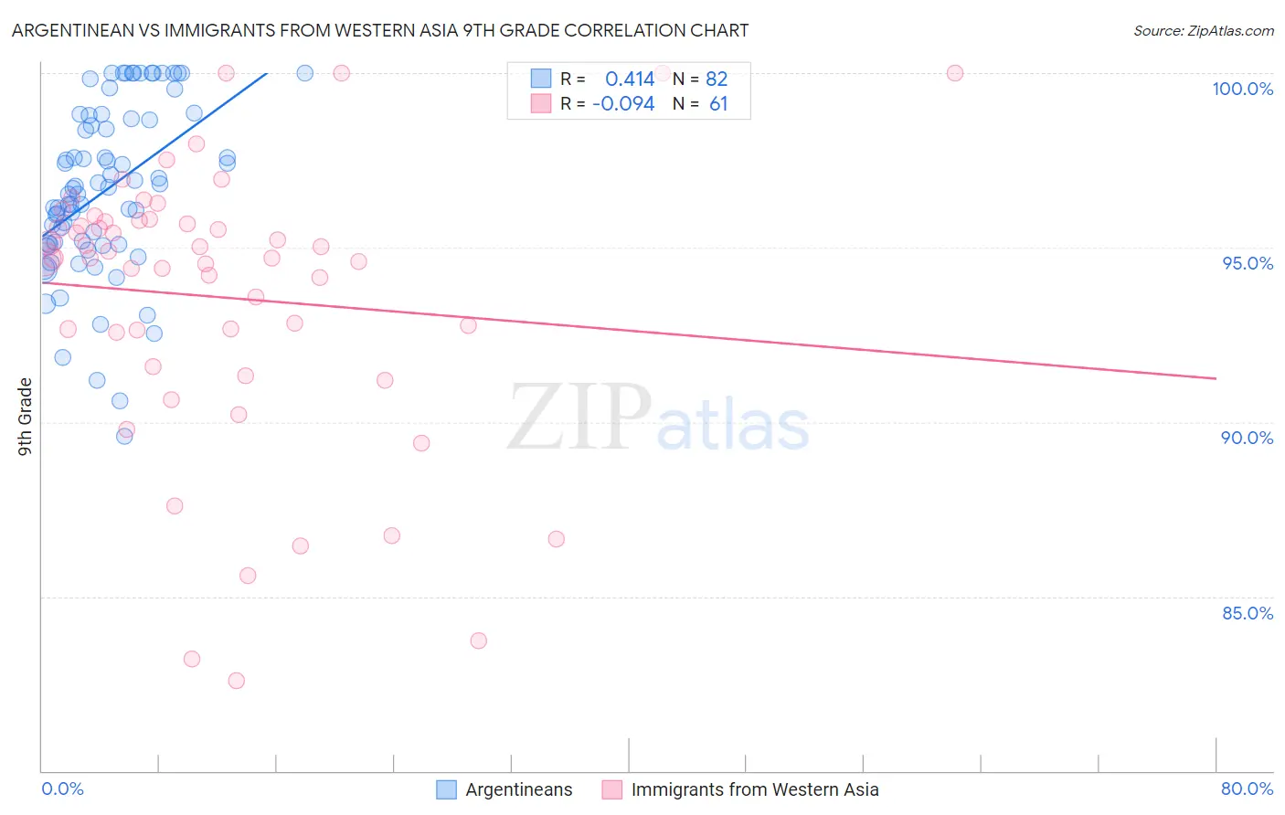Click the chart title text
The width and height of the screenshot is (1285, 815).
380,30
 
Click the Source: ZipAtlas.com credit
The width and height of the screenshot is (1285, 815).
1203,31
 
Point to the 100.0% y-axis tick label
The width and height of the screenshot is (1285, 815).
1242,89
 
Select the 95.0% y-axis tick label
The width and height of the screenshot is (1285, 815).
1248,263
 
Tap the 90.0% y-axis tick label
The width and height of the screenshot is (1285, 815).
1247,438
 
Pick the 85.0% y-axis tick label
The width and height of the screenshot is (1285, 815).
1248,613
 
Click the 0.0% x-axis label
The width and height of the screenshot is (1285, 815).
62,789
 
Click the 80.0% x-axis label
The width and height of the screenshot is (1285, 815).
1247,789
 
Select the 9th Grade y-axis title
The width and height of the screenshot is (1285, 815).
26,417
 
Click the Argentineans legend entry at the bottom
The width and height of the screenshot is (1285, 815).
518,789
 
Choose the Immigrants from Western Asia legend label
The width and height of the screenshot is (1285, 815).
754,789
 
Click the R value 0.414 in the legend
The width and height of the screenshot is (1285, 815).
630,79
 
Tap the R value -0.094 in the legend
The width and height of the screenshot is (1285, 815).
623,104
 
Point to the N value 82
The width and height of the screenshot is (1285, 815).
717,79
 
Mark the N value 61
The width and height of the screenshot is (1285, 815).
718,104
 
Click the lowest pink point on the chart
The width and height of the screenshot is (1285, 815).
237,681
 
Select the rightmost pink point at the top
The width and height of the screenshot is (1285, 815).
955,73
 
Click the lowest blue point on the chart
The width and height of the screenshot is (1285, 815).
124,436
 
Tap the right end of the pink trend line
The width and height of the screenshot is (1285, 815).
1216,378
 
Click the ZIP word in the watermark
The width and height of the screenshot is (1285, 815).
579,418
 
